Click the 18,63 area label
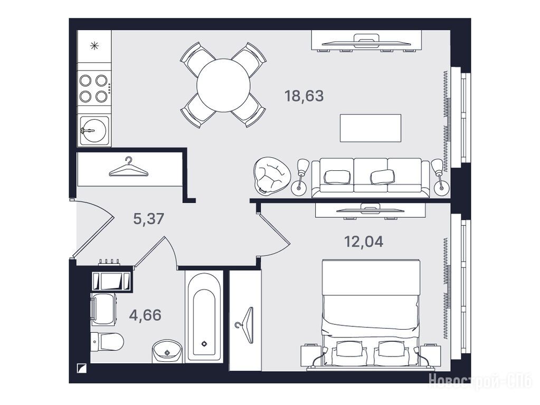coord(304,96)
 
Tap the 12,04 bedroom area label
coord(364,242)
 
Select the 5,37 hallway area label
coord(148,219)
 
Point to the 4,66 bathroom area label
coord(145,315)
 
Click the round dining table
coord(223,85)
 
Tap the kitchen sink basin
coord(93,131)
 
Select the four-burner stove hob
coord(94,89)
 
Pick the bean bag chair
coord(269,176)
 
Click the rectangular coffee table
coord(371,128)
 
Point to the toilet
coord(107,342)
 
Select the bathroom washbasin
coord(167,351)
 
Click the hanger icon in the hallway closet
coord(128,168)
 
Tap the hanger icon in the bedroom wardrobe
coord(245,325)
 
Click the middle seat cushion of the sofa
coord(371,176)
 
